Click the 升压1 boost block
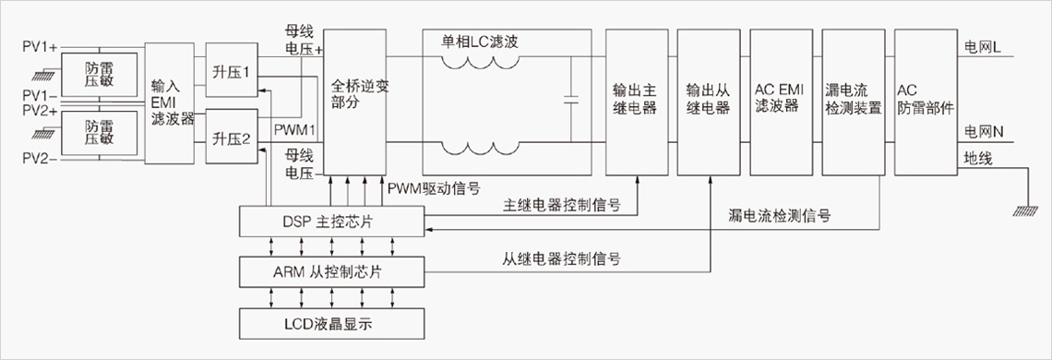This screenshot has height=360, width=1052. tap(233, 70)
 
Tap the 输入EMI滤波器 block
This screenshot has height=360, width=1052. tap(168, 102)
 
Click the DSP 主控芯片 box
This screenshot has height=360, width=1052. tap(332, 222)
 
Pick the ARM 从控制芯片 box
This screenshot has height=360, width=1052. tap(332, 272)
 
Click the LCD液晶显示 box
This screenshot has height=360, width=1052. tap(332, 323)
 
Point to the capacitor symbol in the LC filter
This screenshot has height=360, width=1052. tap(571, 101)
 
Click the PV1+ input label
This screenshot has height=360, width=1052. tap(41, 47)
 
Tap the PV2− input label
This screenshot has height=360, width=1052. tap(41, 160)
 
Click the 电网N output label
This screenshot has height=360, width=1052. tap(984, 132)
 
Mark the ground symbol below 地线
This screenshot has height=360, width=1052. tap(1027, 211)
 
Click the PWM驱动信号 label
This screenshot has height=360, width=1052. tap(434, 187)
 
